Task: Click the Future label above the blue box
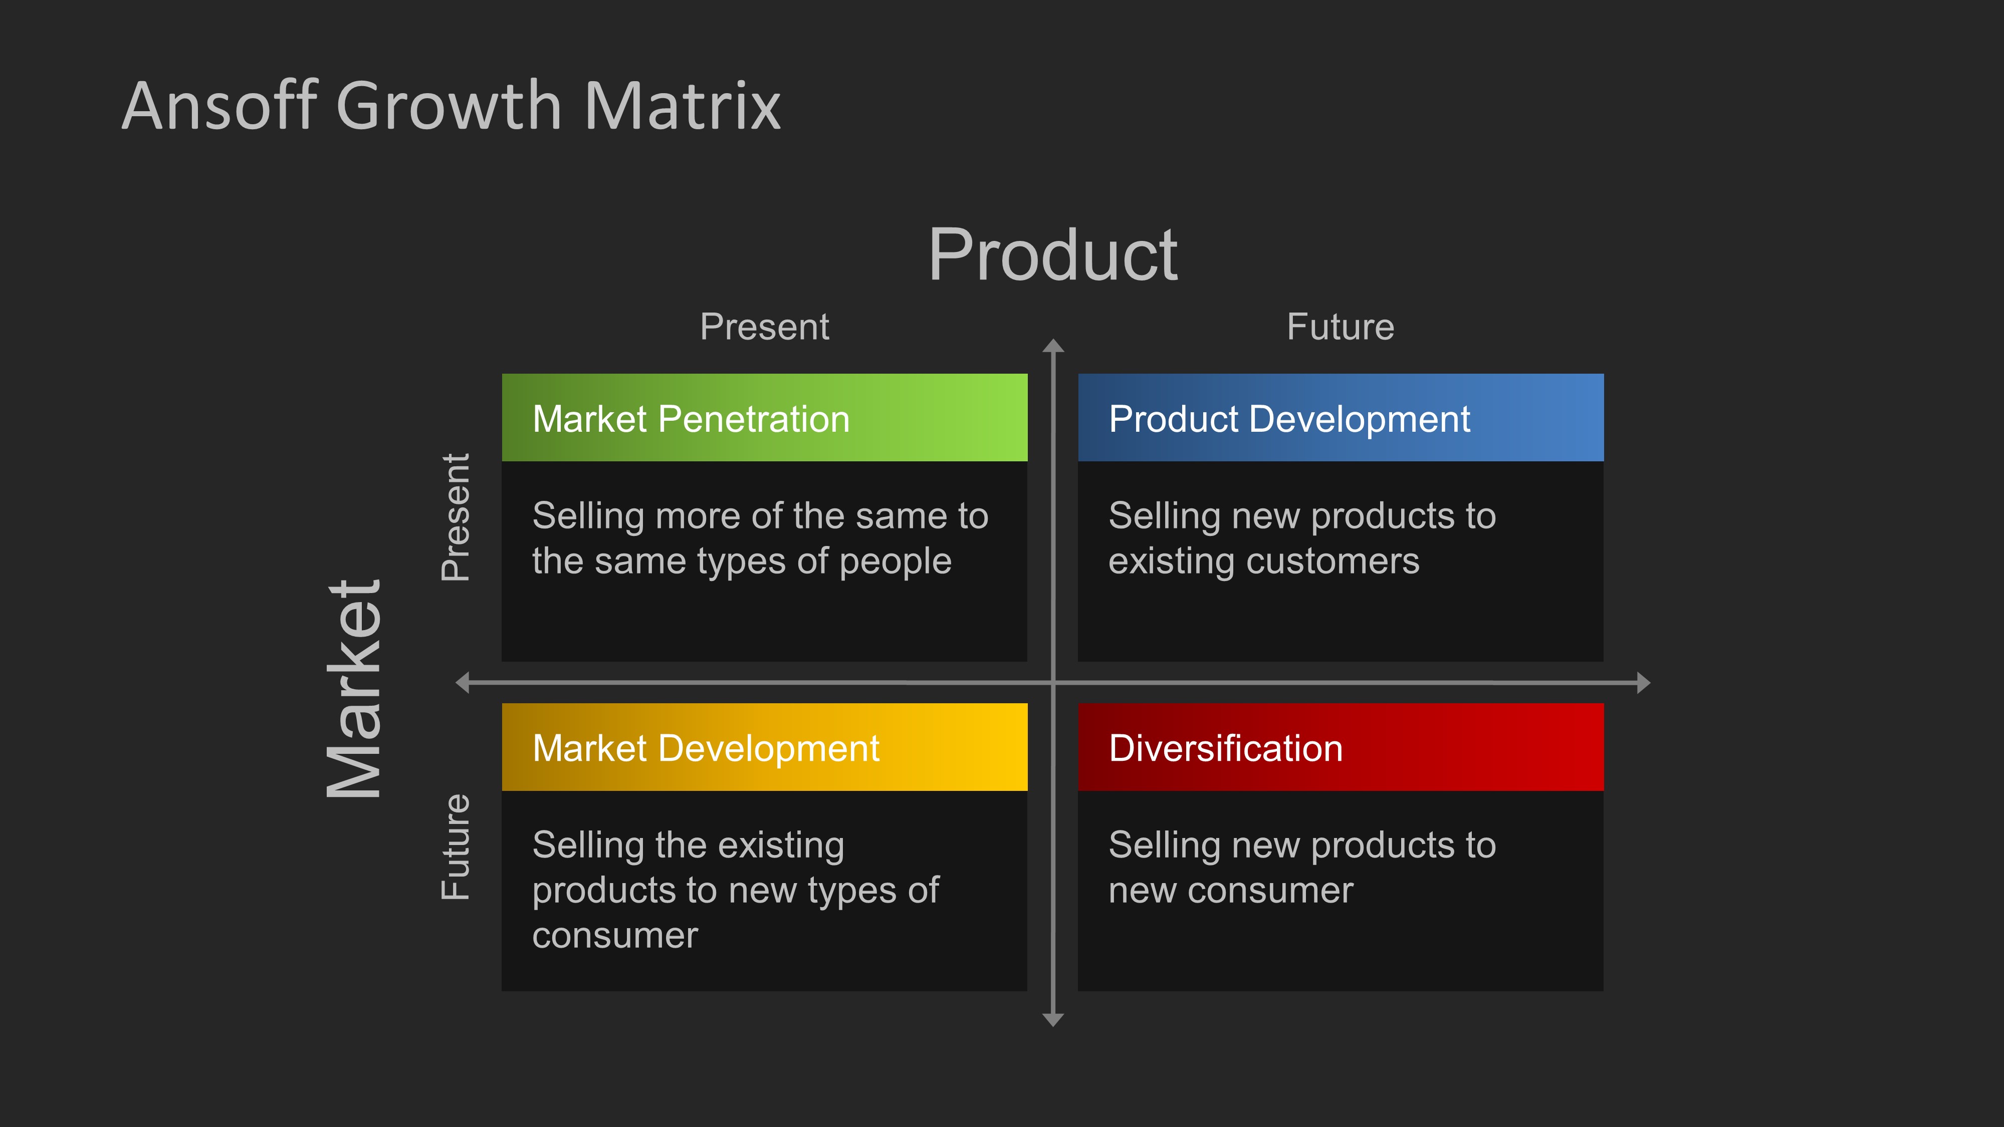1340,327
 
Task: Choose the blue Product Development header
1340,418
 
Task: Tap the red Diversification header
1340,747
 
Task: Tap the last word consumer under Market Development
614,936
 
